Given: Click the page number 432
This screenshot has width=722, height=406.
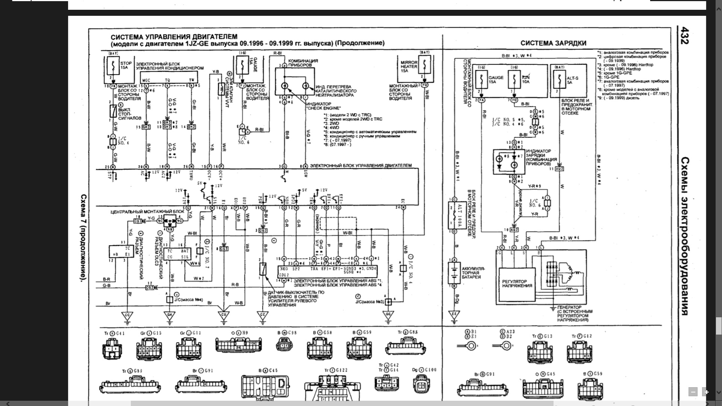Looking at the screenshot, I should (x=684, y=36).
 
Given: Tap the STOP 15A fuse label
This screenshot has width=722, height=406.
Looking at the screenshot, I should (x=126, y=65).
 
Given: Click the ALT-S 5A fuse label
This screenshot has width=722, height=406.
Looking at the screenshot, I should (x=572, y=80).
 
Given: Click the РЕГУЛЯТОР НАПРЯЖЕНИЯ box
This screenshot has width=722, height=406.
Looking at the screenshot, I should (x=517, y=283).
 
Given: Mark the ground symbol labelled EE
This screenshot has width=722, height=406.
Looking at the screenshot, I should (x=454, y=314).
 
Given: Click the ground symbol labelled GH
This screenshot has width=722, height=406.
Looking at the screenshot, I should (x=170, y=315).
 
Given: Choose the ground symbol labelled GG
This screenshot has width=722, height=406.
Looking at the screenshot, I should (x=388, y=315).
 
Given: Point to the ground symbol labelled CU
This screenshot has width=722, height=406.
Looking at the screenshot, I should (x=224, y=315).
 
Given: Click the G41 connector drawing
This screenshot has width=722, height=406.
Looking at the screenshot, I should (x=112, y=349).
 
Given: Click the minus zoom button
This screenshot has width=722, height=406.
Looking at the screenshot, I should (x=693, y=392).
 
